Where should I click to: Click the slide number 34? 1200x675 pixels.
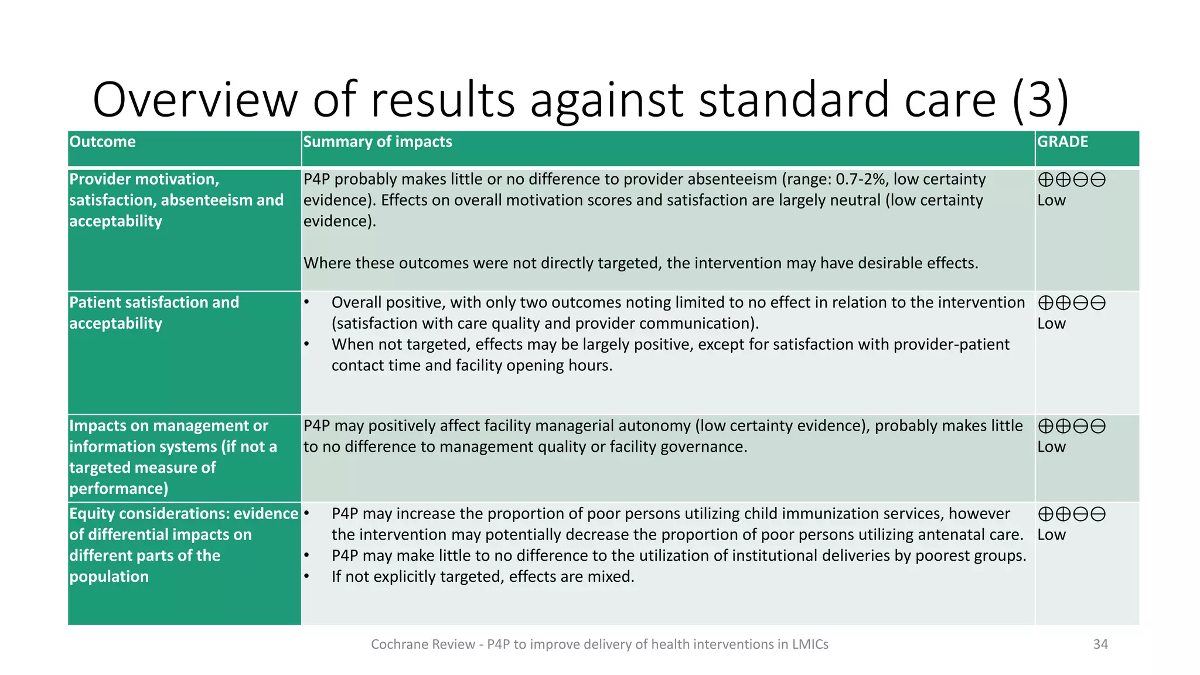[1100, 644]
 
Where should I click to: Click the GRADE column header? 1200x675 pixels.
[1062, 142]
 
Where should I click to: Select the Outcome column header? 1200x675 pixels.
[103, 142]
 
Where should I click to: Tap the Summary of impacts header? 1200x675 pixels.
[377, 142]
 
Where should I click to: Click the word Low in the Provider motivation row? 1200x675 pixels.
[1051, 200]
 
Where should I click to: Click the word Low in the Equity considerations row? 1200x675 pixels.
[1051, 535]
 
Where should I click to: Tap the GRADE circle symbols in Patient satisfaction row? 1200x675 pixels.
[1072, 303]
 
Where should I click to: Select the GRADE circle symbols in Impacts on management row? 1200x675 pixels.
[1072, 426]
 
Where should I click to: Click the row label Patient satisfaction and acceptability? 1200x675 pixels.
[154, 312]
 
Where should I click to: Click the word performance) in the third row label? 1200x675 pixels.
[119, 489]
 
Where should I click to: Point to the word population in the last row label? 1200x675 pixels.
[109, 577]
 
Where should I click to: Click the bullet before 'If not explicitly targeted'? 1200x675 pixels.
[306, 577]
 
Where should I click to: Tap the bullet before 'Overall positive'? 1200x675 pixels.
[306, 302]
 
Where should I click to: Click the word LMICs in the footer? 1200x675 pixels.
[810, 645]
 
